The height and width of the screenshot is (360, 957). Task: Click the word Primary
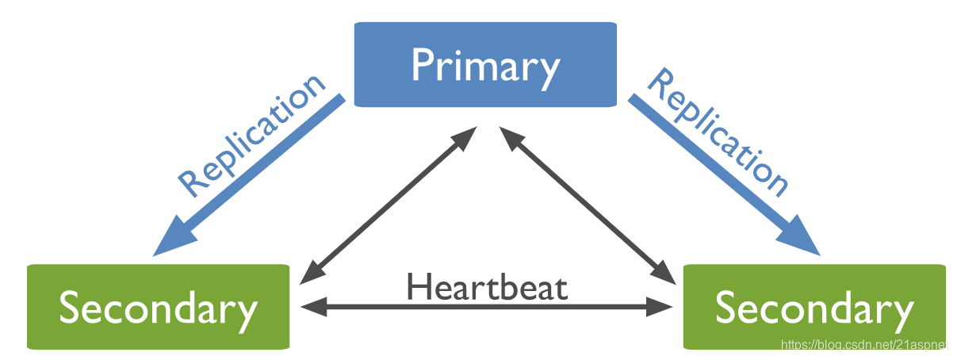(484, 67)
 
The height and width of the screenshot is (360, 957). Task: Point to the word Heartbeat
(487, 286)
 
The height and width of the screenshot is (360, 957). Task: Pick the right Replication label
(718, 133)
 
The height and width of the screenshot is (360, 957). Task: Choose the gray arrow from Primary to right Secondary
(587, 205)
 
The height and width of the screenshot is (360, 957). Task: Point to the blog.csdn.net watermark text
(866, 345)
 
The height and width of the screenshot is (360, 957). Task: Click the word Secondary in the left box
(158, 308)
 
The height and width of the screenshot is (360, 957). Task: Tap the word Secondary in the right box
(814, 308)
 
